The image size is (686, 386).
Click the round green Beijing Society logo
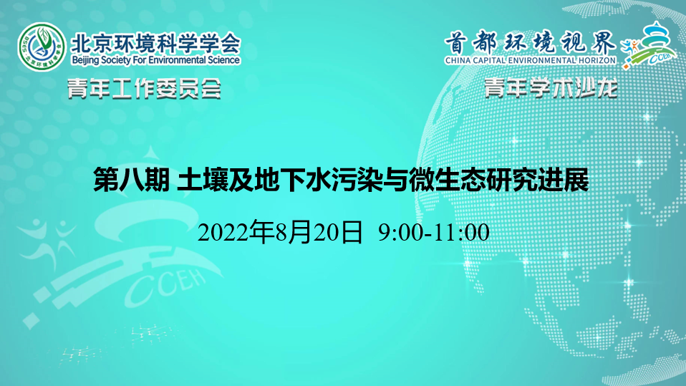point(42,47)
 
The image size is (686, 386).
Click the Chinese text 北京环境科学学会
point(156,43)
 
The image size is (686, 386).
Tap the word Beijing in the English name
point(85,60)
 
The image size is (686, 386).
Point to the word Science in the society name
point(224,59)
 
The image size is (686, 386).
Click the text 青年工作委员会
point(145,90)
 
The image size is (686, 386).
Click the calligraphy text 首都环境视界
point(530,43)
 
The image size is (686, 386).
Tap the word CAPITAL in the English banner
point(492,60)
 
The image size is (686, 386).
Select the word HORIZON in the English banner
point(598,60)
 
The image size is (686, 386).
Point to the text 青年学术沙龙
point(551,88)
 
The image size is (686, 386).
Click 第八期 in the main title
point(132,180)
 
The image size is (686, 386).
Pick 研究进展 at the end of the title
point(537,180)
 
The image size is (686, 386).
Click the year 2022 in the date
point(223,232)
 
